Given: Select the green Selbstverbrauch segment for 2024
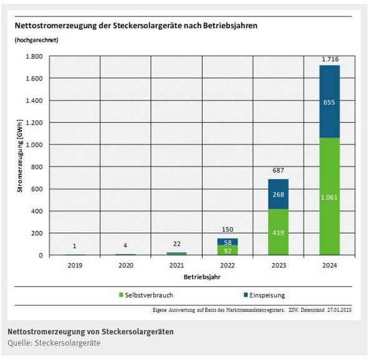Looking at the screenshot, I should pyautogui.click(x=330, y=197).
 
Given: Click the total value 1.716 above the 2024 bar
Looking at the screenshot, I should pyautogui.click(x=330, y=59).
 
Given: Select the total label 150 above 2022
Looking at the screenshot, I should pyautogui.click(x=229, y=230).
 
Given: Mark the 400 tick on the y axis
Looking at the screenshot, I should pyautogui.click(x=37, y=211).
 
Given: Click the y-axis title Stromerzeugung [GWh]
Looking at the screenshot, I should pyautogui.click(x=20, y=157).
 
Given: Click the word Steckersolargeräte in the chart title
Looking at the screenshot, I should pyautogui.click(x=140, y=26).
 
